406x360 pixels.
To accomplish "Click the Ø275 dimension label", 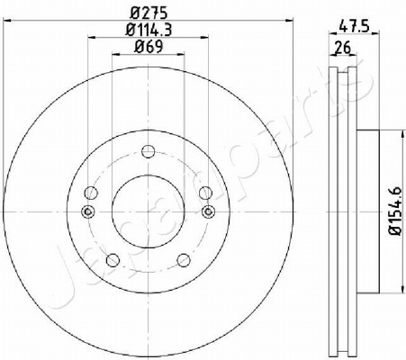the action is (149, 13).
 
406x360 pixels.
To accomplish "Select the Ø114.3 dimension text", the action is (149, 30).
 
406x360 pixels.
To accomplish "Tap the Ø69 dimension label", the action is (149, 47).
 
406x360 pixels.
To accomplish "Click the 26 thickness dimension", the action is (343, 47).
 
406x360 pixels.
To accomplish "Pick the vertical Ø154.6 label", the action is (395, 211).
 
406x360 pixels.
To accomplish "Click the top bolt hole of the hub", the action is (149, 151).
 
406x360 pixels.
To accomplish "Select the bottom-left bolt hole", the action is (113, 260).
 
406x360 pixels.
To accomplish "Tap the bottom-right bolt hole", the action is (184, 260).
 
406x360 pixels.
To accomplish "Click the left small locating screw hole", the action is (88, 211).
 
